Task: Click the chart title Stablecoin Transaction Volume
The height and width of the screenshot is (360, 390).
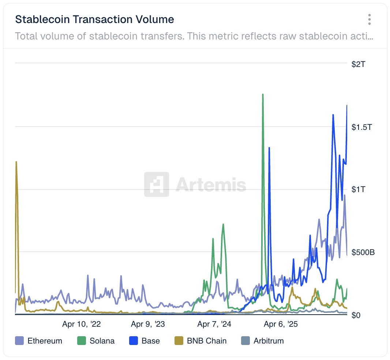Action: pos(94,19)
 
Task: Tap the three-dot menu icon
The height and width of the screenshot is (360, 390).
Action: pos(370,19)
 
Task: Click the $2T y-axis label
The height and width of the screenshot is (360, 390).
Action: pos(359,65)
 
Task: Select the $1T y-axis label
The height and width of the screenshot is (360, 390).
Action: pos(359,190)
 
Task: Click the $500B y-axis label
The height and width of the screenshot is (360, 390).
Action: pos(363,252)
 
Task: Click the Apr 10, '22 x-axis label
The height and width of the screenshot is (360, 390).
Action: pos(82,324)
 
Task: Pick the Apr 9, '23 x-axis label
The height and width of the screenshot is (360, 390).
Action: pos(148,324)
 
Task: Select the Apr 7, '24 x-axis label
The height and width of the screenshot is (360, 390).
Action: pos(214,324)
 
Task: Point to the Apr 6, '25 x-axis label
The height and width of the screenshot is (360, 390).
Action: pos(281,324)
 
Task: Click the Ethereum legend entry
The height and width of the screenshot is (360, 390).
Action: pos(39,341)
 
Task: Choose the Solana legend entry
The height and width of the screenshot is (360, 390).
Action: pos(96,341)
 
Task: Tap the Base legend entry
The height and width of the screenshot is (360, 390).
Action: pos(145,341)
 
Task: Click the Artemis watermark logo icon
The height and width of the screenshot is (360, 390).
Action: pos(157,184)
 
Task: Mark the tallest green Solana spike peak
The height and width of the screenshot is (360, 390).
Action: pos(263,94)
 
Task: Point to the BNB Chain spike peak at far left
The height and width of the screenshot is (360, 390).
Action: pos(16,162)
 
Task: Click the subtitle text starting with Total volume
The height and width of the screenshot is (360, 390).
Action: pos(194,37)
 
